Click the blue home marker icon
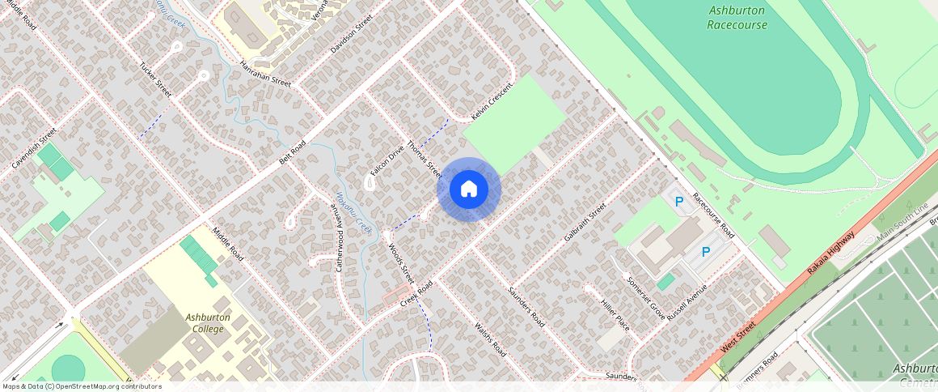469,190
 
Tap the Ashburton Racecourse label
737,17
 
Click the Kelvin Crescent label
492,102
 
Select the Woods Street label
401,263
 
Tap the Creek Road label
416,293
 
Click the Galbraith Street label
585,224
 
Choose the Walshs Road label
490,339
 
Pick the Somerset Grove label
645,297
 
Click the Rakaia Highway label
831,253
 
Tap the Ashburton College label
208,323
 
